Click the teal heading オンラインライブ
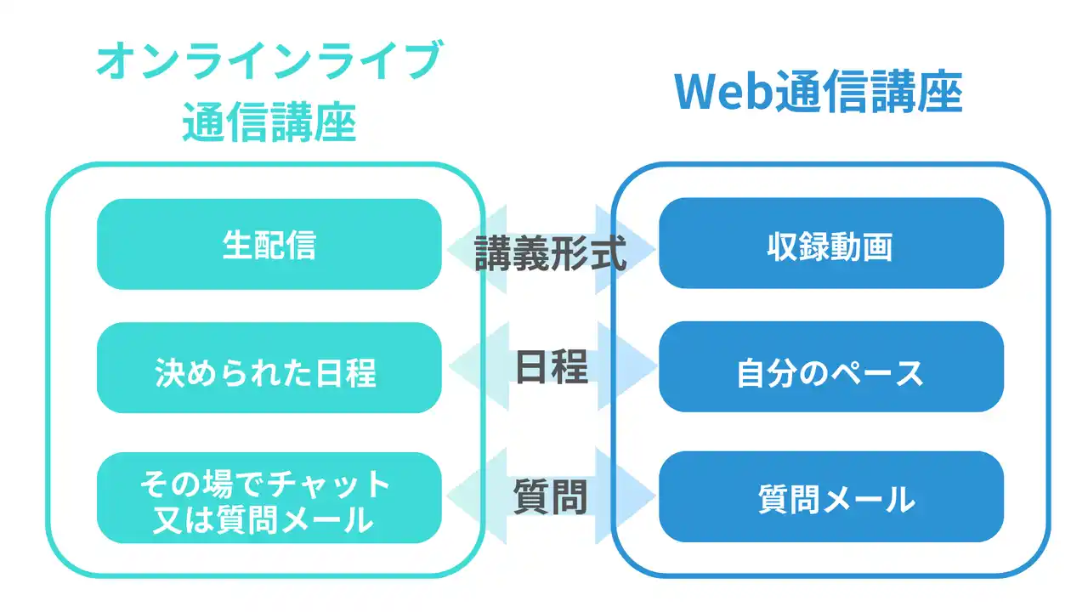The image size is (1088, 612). tap(269, 60)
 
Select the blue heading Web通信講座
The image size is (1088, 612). tap(818, 93)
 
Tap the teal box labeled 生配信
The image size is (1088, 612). tap(269, 244)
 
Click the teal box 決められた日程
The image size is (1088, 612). tap(269, 368)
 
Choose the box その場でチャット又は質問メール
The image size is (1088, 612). tap(269, 498)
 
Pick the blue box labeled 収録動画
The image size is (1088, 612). tap(831, 243)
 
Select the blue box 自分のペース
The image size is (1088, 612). tap(831, 366)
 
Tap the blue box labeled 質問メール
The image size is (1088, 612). tap(831, 497)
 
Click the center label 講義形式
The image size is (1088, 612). tap(550, 253)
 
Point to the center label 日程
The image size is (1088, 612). tap(552, 367)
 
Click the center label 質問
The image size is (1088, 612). tap(550, 496)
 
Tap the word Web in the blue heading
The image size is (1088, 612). tap(723, 93)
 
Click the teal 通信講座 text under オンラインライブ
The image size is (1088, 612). tap(269, 122)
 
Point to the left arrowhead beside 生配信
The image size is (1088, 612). tap(477, 250)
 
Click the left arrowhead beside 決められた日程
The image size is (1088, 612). tap(479, 365)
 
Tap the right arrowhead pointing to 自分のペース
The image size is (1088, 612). tap(627, 365)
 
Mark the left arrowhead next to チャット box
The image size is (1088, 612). tap(477, 496)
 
